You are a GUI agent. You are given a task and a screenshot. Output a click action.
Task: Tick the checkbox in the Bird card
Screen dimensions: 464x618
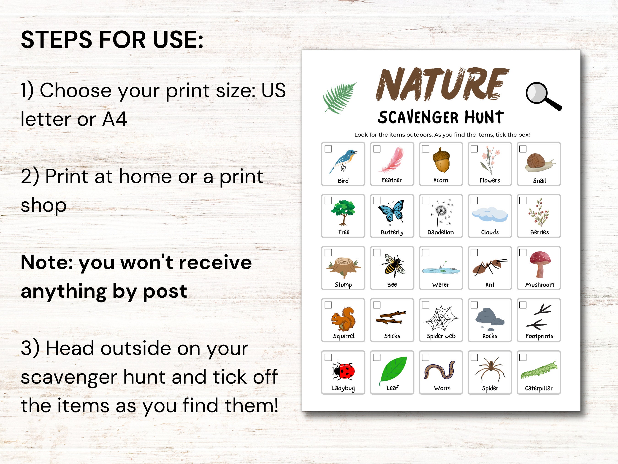click(328, 149)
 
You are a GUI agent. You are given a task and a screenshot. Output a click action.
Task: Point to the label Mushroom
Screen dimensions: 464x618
click(539, 285)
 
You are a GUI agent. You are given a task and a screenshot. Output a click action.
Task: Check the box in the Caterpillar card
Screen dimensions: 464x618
click(523, 357)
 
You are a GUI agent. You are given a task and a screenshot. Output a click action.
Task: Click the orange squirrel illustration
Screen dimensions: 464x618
click(344, 319)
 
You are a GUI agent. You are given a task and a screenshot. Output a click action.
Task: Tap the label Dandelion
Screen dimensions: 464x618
click(441, 232)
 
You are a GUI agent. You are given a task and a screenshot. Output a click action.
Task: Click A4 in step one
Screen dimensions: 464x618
click(114, 119)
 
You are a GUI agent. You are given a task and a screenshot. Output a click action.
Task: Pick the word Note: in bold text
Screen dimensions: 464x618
click(48, 263)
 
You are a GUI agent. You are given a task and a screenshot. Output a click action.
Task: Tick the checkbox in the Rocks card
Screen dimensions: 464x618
click(474, 305)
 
